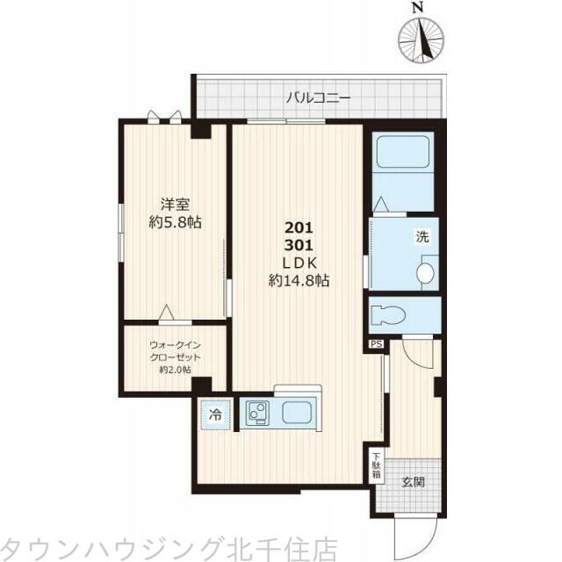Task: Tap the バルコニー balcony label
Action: [318, 97]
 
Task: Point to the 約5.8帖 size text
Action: [176, 222]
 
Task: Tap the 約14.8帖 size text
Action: [299, 281]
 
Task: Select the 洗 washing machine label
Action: [422, 236]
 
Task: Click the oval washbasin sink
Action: [425, 272]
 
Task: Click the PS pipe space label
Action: [376, 343]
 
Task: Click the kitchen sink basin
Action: [297, 414]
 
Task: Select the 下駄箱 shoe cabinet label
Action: [376, 466]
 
